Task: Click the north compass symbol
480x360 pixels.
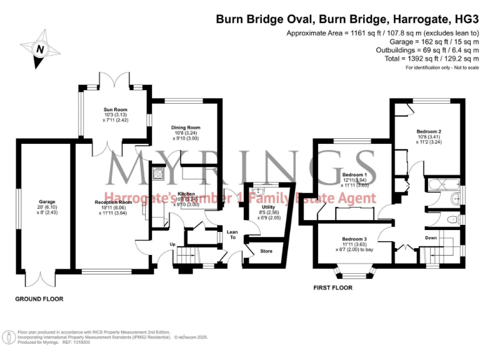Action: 41,47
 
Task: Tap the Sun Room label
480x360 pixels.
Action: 116,109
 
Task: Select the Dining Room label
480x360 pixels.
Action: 185,127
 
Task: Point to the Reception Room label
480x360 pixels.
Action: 113,202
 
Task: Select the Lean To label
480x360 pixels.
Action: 232,234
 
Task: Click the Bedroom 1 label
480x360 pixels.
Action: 354,174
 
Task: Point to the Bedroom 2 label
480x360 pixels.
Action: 429,131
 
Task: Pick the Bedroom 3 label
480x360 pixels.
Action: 354,239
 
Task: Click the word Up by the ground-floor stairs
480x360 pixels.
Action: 172,244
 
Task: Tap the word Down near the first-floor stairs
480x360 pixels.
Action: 431,237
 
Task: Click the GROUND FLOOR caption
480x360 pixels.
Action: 39,299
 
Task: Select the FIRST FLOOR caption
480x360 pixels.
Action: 332,288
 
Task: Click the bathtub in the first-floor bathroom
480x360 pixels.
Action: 442,184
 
